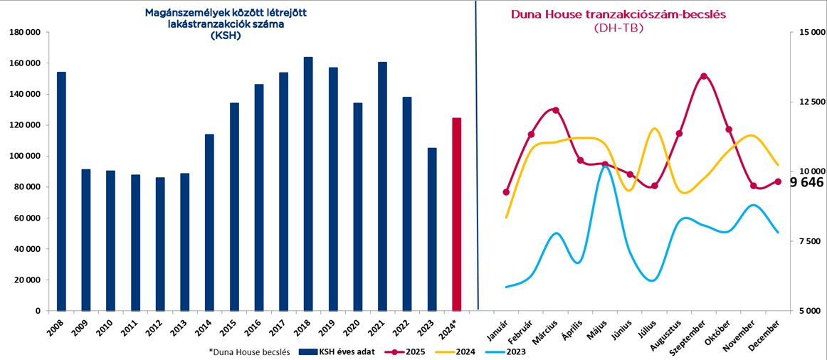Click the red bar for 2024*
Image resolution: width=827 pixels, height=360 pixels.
(x=457, y=213)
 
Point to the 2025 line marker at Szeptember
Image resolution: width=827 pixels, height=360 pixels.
(x=704, y=76)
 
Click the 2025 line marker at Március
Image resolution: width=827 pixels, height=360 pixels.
(x=556, y=110)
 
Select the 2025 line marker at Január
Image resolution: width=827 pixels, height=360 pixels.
(x=506, y=192)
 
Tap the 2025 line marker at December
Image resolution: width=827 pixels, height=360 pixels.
(x=778, y=181)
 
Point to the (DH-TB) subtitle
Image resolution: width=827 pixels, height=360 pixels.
(x=617, y=28)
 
